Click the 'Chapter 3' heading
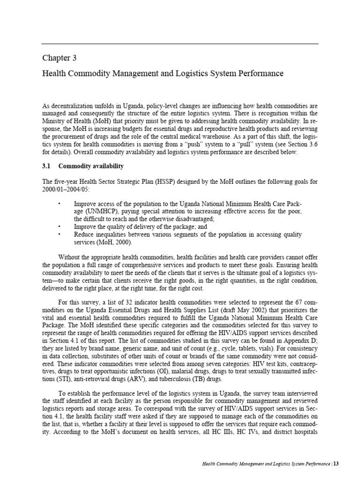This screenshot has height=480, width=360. click(x=59, y=59)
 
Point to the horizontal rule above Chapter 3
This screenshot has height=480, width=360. click(x=180, y=44)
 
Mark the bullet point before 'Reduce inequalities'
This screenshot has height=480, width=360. click(x=59, y=234)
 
